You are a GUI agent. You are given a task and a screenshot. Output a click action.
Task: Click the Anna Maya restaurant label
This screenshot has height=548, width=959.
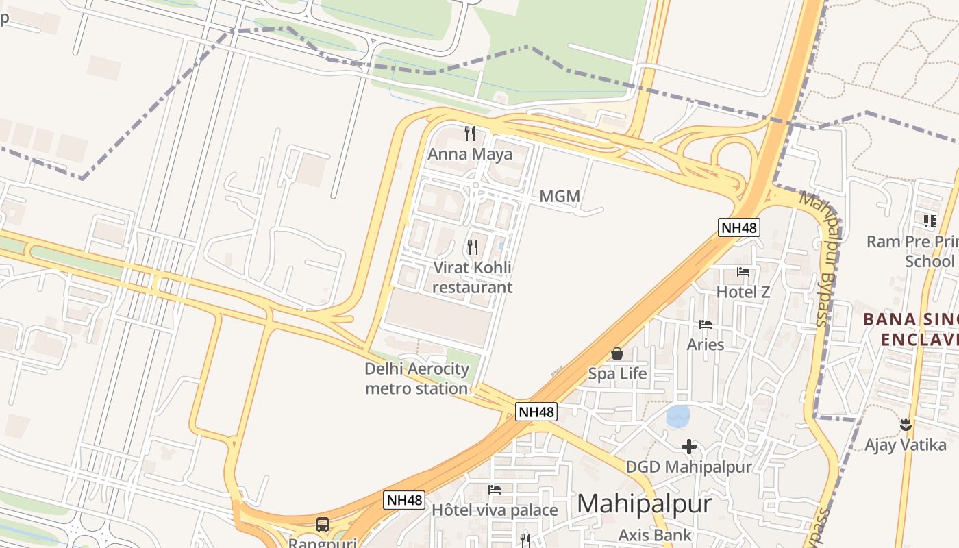(x=470, y=154)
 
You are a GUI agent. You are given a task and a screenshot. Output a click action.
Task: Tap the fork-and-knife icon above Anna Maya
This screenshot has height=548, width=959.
(x=470, y=133)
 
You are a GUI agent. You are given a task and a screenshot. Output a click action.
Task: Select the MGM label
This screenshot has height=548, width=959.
(x=560, y=197)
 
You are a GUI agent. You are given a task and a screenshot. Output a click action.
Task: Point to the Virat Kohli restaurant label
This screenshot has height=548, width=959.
(x=473, y=277)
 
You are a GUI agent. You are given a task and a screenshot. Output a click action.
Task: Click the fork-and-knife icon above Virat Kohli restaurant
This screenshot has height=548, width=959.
(x=473, y=247)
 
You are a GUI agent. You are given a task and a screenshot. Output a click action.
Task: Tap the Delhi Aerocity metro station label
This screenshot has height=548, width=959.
(x=416, y=379)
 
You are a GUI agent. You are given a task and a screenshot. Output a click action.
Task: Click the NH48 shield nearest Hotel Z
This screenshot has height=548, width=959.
(x=739, y=227)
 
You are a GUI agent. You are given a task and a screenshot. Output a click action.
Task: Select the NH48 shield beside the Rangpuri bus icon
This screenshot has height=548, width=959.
(x=404, y=500)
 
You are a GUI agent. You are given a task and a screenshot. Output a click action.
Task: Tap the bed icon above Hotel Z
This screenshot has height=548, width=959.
(x=743, y=272)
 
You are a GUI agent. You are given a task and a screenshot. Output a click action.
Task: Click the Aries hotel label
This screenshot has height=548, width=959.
(x=706, y=344)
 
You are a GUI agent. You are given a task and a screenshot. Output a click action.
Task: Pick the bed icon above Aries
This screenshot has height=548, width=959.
(x=706, y=324)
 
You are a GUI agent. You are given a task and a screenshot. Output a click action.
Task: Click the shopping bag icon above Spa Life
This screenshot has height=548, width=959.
(x=617, y=353)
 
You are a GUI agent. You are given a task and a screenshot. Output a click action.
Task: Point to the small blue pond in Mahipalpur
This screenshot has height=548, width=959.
(x=678, y=415)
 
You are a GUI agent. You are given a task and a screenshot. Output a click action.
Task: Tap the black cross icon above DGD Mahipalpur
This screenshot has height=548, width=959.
(x=689, y=447)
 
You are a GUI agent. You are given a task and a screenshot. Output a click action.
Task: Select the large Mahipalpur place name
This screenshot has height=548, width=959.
(x=644, y=504)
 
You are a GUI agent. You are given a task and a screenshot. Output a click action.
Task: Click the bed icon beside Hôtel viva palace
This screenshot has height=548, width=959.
(x=495, y=490)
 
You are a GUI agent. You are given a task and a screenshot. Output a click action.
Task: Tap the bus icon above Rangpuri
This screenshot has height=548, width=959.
(x=323, y=525)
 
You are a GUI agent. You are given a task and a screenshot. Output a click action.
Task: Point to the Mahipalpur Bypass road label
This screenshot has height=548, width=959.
(x=823, y=260)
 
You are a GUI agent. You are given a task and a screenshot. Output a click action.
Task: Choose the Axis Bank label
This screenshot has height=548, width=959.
(x=655, y=535)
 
